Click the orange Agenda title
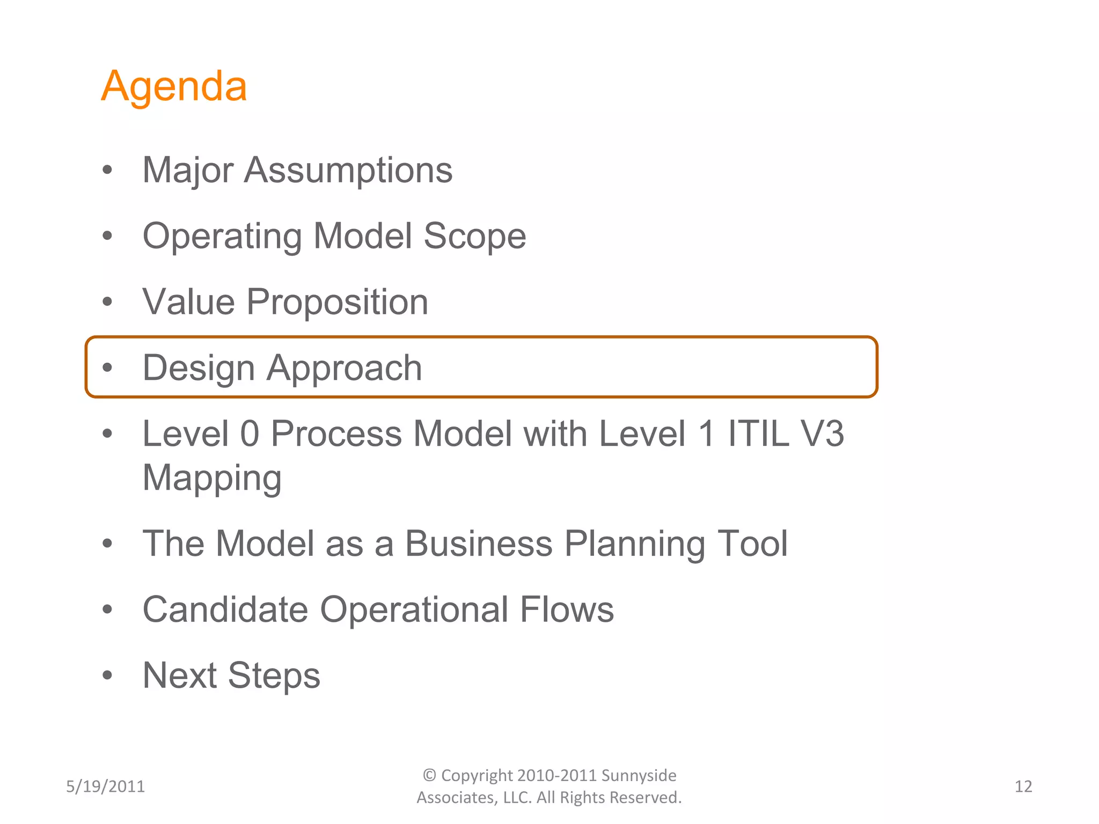(x=174, y=86)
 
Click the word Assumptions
(x=348, y=171)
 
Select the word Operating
(x=222, y=237)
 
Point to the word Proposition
(x=337, y=302)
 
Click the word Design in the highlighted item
(x=199, y=369)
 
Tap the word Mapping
(x=212, y=479)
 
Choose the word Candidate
(x=225, y=610)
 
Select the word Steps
(x=274, y=676)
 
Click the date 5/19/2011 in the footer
(x=105, y=786)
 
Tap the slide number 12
(x=1023, y=786)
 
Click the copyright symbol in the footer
(x=429, y=775)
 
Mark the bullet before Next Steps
(x=108, y=675)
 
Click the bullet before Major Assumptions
(x=108, y=170)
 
